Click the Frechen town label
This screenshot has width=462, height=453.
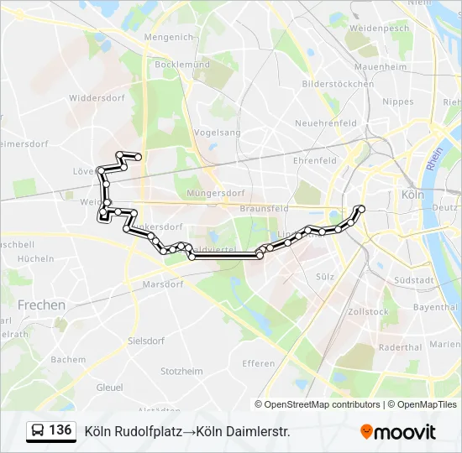click(41, 305)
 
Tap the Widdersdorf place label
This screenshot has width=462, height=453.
click(97, 98)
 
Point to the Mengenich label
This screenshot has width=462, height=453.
click(169, 37)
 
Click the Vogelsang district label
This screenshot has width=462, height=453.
click(217, 133)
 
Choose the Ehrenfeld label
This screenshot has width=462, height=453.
click(315, 160)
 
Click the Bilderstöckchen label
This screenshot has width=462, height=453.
click(338, 84)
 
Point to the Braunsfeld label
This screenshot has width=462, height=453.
click(264, 207)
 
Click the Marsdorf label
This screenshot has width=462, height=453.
click(162, 284)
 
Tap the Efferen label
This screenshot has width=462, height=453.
click(258, 363)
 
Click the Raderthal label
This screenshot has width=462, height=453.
click(400, 347)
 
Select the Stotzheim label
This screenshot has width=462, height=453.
click(182, 370)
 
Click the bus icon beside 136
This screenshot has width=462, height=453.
click(38, 431)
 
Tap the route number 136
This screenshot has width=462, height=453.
click(60, 430)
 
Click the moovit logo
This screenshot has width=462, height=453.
click(398, 432)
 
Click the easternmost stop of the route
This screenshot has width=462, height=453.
click(361, 209)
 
